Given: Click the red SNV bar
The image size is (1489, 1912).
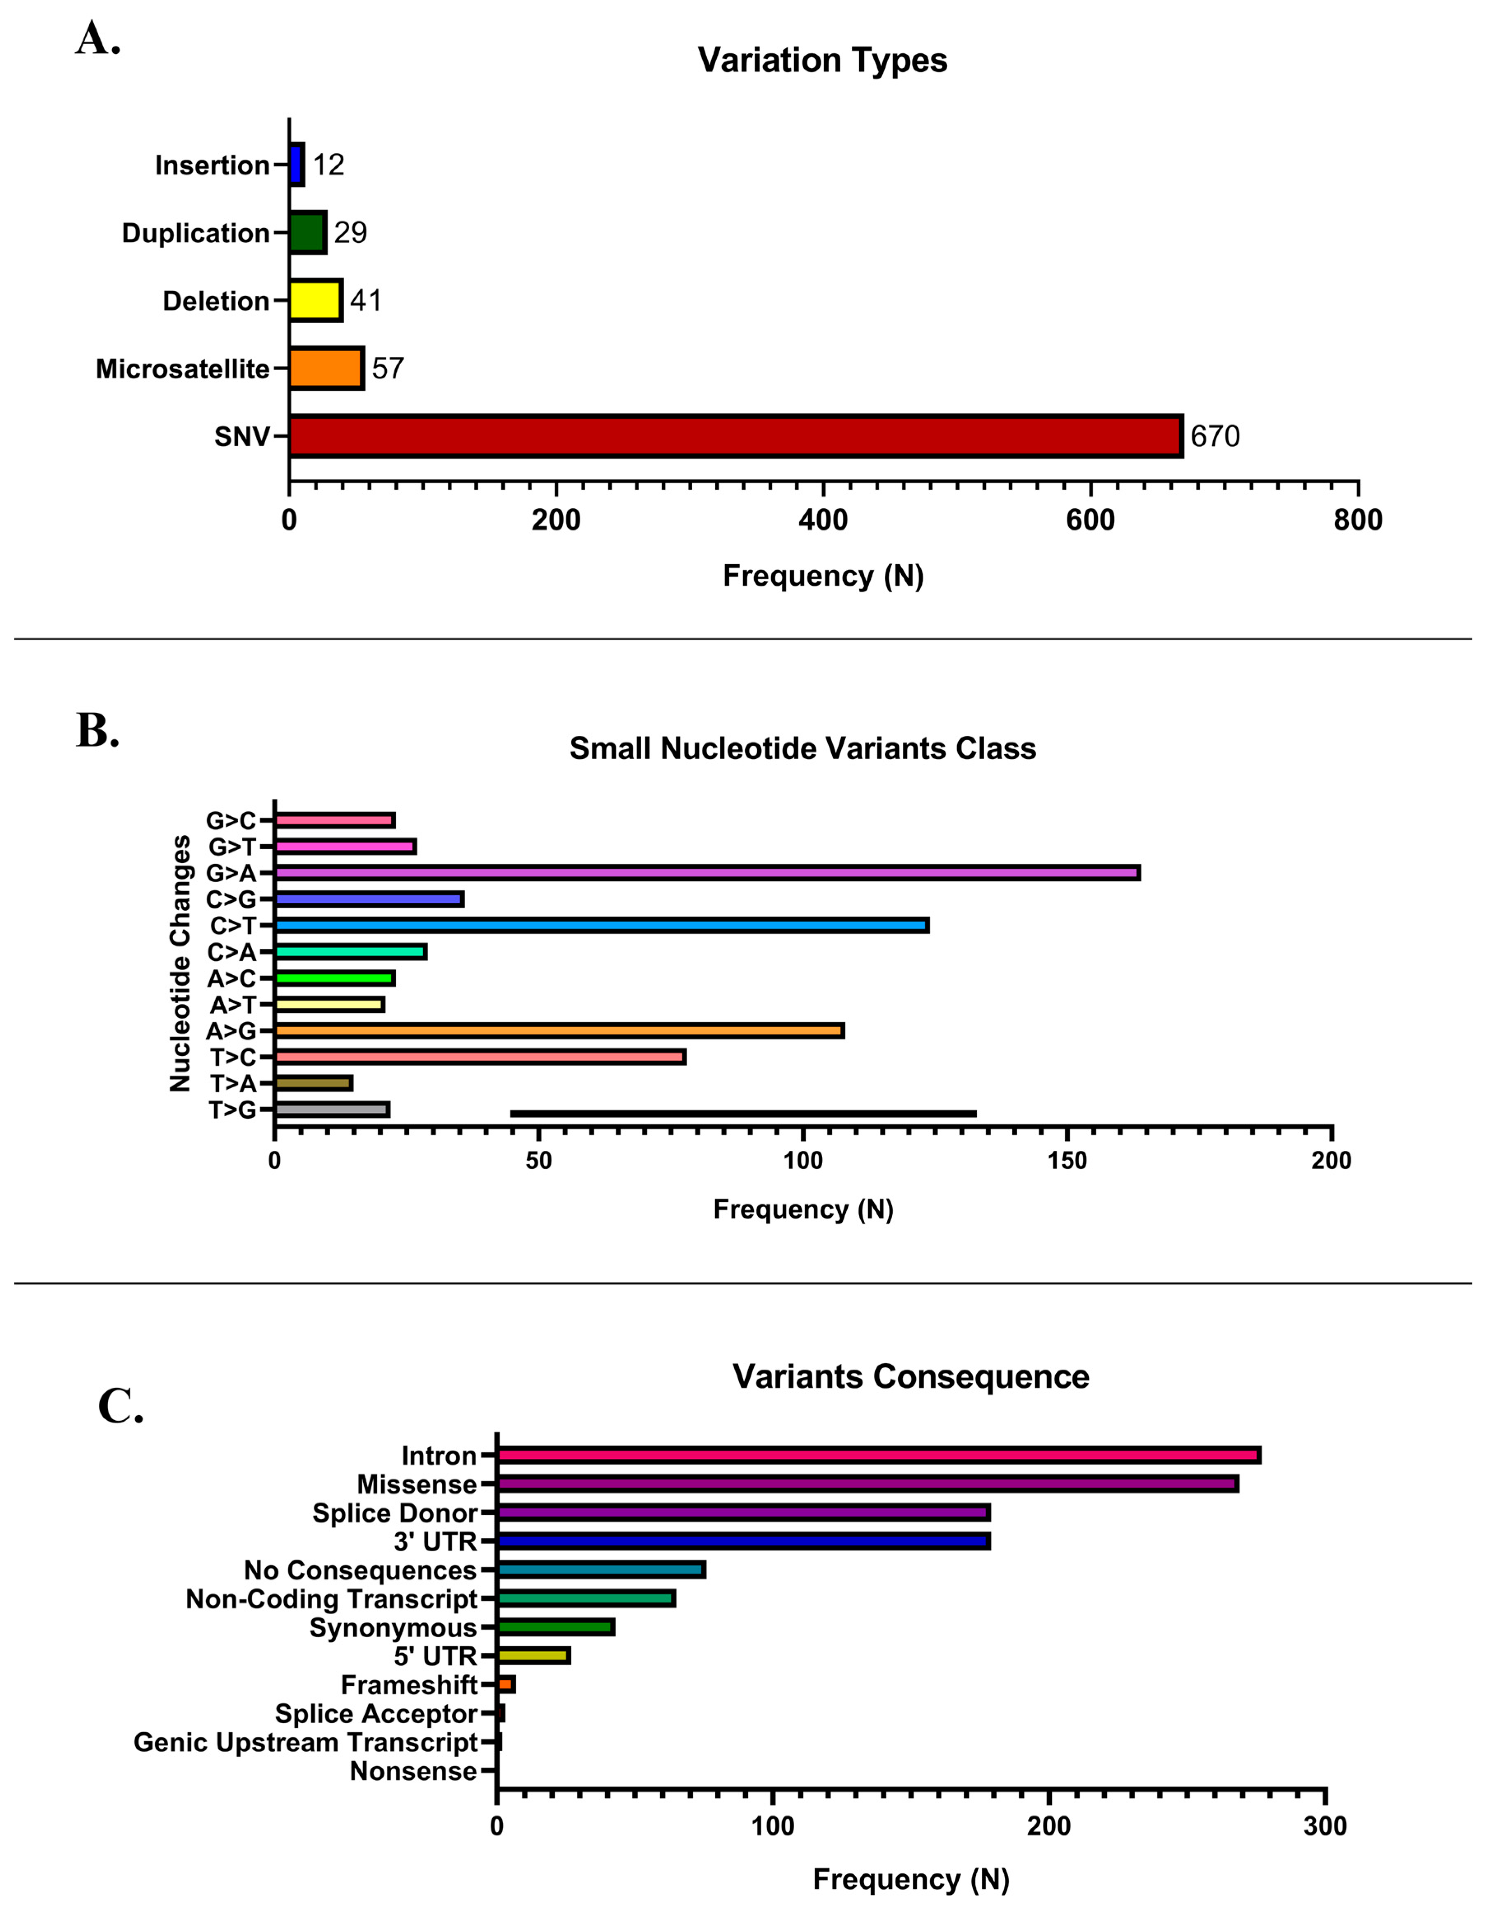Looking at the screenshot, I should [x=735, y=436].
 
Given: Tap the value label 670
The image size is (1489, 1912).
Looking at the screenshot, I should [x=1215, y=436].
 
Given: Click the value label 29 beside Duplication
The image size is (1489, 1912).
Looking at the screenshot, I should [x=350, y=233].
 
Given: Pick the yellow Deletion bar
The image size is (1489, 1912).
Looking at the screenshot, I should [x=315, y=300].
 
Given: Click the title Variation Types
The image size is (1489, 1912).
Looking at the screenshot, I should [x=822, y=60].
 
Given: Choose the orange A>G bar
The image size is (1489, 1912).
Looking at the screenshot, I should [x=559, y=1030].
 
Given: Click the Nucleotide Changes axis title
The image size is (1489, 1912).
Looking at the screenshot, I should [x=180, y=963].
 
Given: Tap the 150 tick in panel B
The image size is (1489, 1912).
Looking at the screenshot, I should [x=1067, y=1161].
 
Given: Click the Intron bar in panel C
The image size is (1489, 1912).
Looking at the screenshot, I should [x=878, y=1455].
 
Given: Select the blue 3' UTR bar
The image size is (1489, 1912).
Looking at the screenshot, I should [x=743, y=1541].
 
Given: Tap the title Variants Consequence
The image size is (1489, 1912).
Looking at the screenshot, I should [x=910, y=1377].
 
